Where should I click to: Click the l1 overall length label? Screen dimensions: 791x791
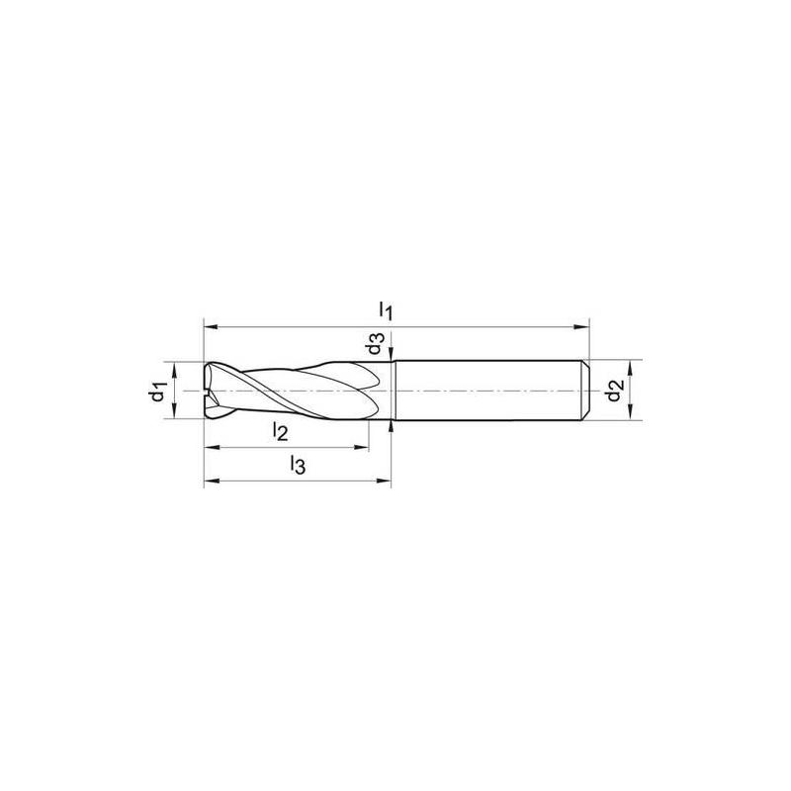(386, 309)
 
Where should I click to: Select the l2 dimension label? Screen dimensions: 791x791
(280, 431)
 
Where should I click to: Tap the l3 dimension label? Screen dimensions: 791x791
(298, 465)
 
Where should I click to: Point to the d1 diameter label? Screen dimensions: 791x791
(159, 392)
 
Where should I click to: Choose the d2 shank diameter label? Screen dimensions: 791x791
(615, 391)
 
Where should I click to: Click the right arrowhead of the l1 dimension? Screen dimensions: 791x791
(582, 327)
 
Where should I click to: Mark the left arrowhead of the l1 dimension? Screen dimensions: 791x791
(211, 327)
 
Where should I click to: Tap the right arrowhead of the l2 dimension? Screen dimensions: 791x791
(362, 447)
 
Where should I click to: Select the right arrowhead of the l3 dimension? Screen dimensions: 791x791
(384, 481)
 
